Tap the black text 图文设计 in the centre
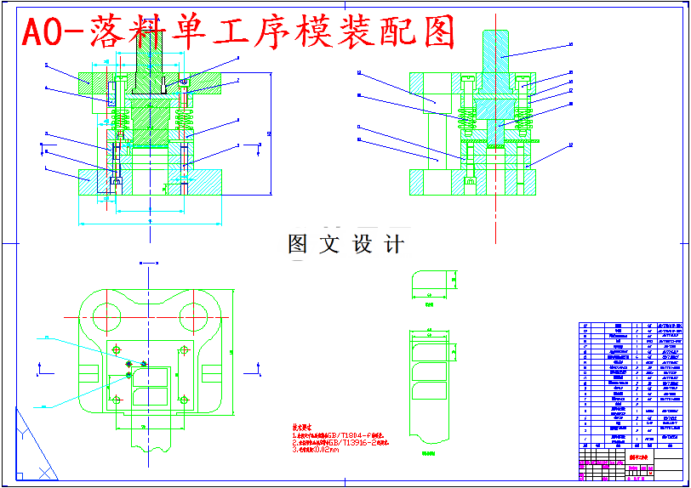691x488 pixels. [345, 244]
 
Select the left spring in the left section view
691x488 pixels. [120, 122]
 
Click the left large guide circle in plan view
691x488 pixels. [106, 316]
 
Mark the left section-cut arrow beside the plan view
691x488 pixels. [40, 368]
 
